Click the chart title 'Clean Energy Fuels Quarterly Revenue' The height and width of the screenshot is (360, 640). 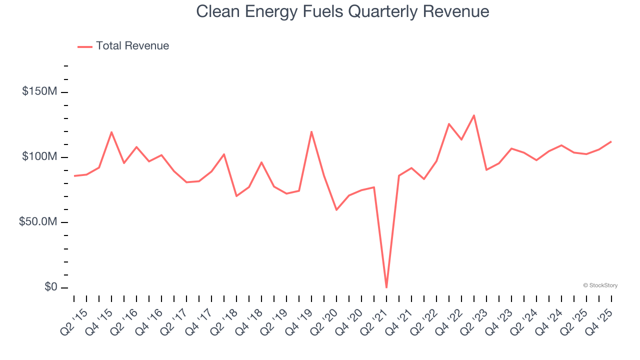point(342,11)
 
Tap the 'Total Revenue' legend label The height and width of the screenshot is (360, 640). point(132,46)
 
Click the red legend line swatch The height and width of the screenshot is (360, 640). point(85,46)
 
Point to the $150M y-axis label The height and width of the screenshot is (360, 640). point(39,91)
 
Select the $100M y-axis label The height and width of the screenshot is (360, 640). point(39,157)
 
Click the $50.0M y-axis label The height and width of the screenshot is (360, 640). point(38,222)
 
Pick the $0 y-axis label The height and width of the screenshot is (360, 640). point(50,287)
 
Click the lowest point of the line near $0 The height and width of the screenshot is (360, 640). point(386,287)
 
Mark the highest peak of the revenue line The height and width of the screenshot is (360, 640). point(474,115)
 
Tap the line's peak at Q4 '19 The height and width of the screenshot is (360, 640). point(311,131)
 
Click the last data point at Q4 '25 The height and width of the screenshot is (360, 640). point(611,141)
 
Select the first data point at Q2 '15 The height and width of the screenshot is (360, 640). point(74,176)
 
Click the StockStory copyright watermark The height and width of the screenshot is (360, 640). point(600,285)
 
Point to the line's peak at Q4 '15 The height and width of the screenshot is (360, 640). point(111,132)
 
